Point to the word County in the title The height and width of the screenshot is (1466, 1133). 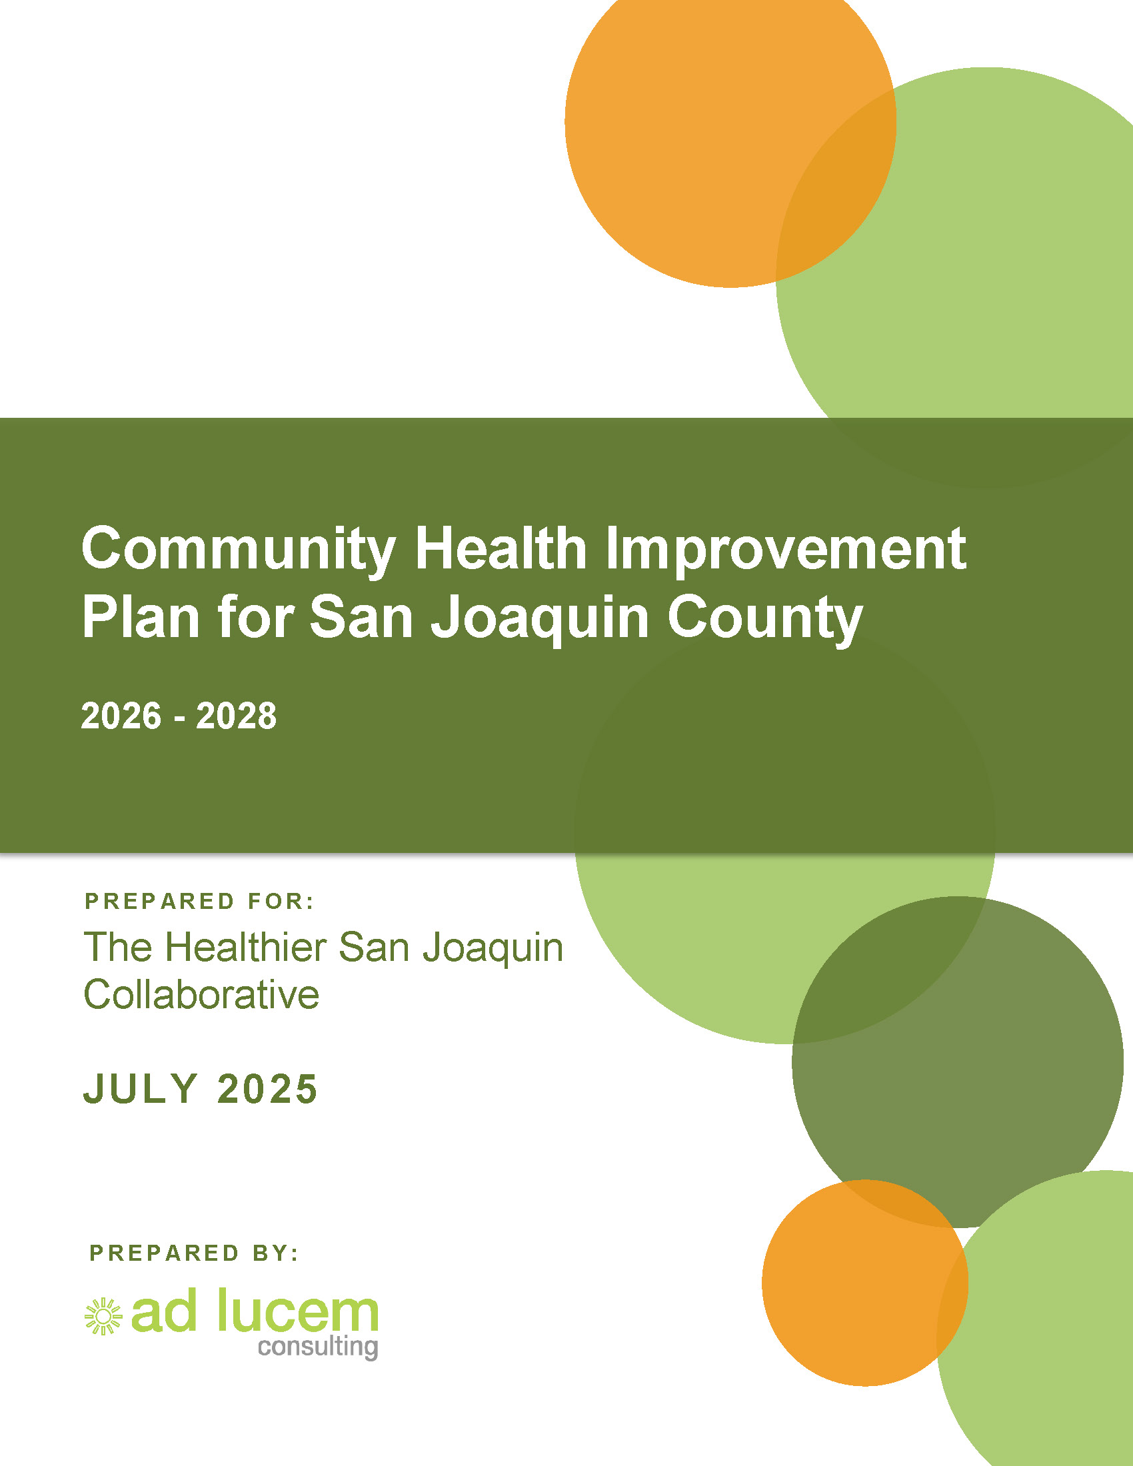coord(765,620)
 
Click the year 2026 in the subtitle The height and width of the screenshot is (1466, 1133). coord(121,716)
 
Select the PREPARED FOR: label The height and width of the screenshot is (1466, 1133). coord(199,901)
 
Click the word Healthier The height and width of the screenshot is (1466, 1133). coord(247,947)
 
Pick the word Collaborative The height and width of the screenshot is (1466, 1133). coord(201,994)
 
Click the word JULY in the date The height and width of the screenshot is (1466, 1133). coord(140,1088)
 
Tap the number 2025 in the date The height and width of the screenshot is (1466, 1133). coord(267,1088)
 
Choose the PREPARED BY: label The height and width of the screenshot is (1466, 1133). coord(194,1253)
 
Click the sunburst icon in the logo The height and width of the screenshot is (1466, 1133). coord(103,1316)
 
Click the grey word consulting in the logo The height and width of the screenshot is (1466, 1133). coord(318,1347)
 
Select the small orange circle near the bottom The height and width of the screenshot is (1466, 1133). coord(864,1283)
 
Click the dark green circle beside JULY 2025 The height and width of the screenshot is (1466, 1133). coord(958,1062)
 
